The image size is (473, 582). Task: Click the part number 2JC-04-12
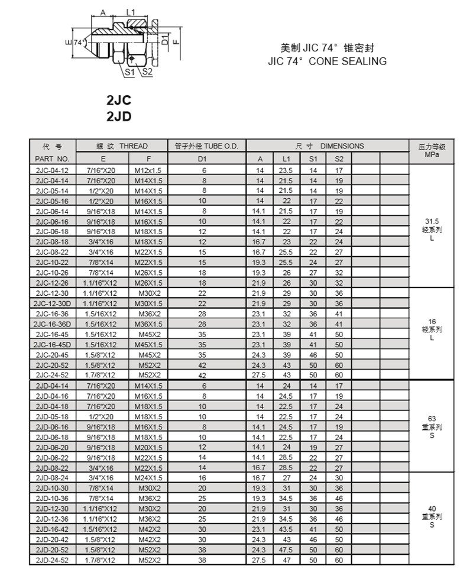coord(53,170)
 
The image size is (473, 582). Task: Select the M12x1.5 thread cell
coord(148,170)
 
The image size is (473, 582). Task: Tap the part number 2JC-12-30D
coord(53,303)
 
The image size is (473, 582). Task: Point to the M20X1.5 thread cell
coord(148,447)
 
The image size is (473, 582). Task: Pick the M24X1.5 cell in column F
coord(148,477)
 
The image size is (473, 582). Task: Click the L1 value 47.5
coord(287,549)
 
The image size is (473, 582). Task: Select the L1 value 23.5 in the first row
coord(287,170)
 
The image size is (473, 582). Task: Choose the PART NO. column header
coord(53,159)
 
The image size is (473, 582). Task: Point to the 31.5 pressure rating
coord(432,221)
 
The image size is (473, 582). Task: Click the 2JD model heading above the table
coord(119,117)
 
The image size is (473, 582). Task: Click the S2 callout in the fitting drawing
coord(147,72)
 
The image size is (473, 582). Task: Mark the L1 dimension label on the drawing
coord(131,12)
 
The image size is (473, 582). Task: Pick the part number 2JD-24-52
coord(53,559)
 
